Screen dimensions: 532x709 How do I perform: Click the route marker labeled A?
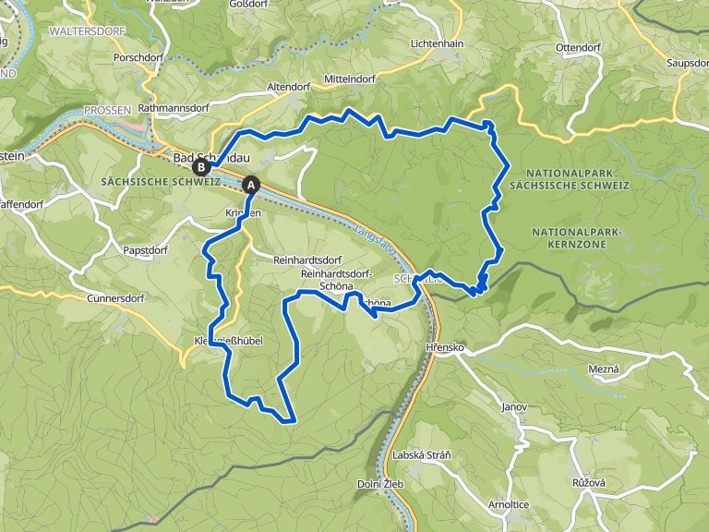[250, 185]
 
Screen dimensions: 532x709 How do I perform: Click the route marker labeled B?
[199, 167]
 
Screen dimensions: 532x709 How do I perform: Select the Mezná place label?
[604, 369]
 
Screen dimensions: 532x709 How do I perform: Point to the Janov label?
[514, 406]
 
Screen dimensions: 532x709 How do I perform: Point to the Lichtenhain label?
[439, 43]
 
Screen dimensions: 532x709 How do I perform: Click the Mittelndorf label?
[349, 79]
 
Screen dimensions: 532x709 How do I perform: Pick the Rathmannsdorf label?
[174, 108]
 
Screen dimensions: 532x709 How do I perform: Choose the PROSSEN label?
[109, 110]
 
